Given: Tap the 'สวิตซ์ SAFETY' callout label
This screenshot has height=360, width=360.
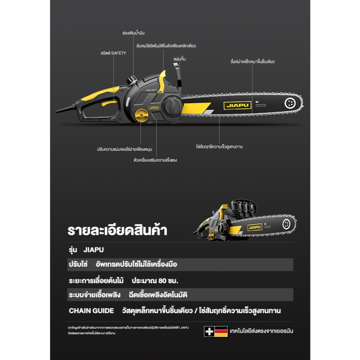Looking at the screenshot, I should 113,53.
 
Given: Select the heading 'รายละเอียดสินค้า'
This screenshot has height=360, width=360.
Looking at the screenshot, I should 117,231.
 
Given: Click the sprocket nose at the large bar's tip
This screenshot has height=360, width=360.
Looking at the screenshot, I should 290,103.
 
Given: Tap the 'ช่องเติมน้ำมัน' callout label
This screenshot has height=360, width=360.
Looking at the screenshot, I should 134,33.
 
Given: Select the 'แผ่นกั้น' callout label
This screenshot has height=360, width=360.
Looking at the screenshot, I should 180,59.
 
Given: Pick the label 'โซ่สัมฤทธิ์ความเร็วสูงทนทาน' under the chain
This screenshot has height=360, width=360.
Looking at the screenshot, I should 219,147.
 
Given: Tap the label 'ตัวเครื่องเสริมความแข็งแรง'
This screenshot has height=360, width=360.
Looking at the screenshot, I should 155,160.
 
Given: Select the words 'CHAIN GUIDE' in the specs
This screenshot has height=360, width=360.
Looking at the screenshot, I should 91,311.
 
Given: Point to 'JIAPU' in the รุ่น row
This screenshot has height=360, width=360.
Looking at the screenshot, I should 94,250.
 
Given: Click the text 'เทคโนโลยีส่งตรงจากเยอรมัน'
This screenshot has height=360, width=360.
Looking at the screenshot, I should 261,331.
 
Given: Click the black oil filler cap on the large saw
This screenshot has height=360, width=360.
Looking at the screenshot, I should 133,80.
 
